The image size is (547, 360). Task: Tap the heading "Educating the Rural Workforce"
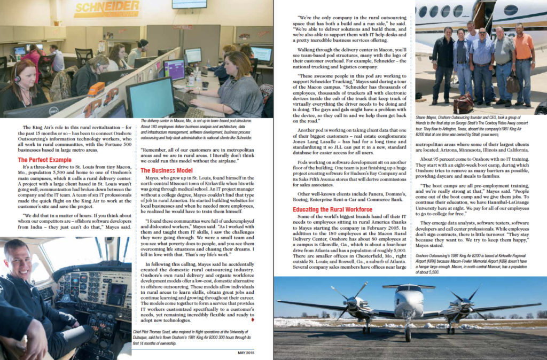333,209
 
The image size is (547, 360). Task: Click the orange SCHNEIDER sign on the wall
106,9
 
